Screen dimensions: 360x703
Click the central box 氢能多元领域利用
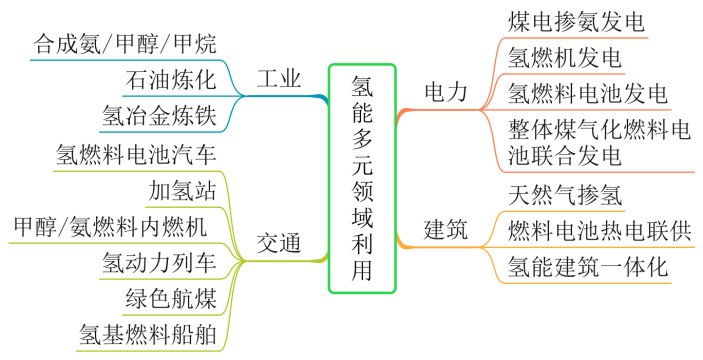(x=362, y=178)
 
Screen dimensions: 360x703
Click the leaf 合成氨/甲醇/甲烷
(x=124, y=44)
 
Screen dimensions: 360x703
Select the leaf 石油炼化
(x=170, y=80)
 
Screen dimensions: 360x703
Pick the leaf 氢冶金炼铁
(x=159, y=116)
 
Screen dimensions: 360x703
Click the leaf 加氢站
(x=181, y=189)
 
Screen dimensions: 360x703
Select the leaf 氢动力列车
(x=159, y=262)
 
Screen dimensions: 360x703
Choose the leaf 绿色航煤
(x=170, y=298)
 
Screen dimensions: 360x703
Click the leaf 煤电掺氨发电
(x=576, y=22)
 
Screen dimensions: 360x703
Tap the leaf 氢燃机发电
(x=565, y=57)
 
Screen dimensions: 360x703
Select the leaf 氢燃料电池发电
(x=587, y=93)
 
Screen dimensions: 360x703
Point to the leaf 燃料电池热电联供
(x=598, y=230)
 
